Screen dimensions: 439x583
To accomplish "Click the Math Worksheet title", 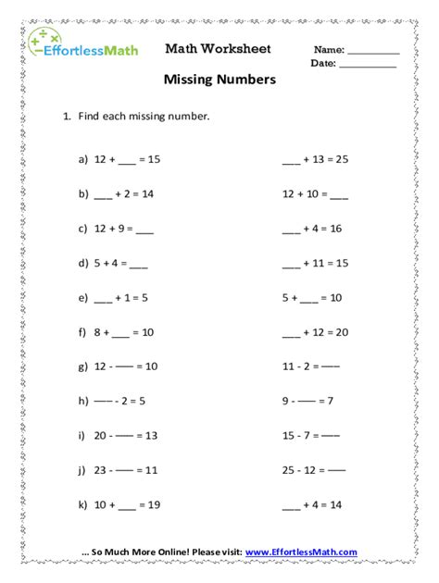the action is pyautogui.click(x=219, y=48).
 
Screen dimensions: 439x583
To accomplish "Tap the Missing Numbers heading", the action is pyautogui.click(x=219, y=81).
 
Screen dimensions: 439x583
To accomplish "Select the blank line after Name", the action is pyautogui.click(x=373, y=52).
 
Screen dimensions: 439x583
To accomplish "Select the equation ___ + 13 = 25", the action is pyautogui.click(x=315, y=159).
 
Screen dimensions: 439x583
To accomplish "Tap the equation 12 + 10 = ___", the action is pyautogui.click(x=315, y=194).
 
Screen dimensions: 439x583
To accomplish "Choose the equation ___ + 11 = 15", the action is pyautogui.click(x=315, y=264).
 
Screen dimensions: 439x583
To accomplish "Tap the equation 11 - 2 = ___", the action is pyautogui.click(x=311, y=366).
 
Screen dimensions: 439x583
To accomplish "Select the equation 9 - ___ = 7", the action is pyautogui.click(x=308, y=401).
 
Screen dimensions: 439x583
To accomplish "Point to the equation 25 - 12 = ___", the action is pyautogui.click(x=314, y=470).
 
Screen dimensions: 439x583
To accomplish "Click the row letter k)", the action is pyautogui.click(x=83, y=505).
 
